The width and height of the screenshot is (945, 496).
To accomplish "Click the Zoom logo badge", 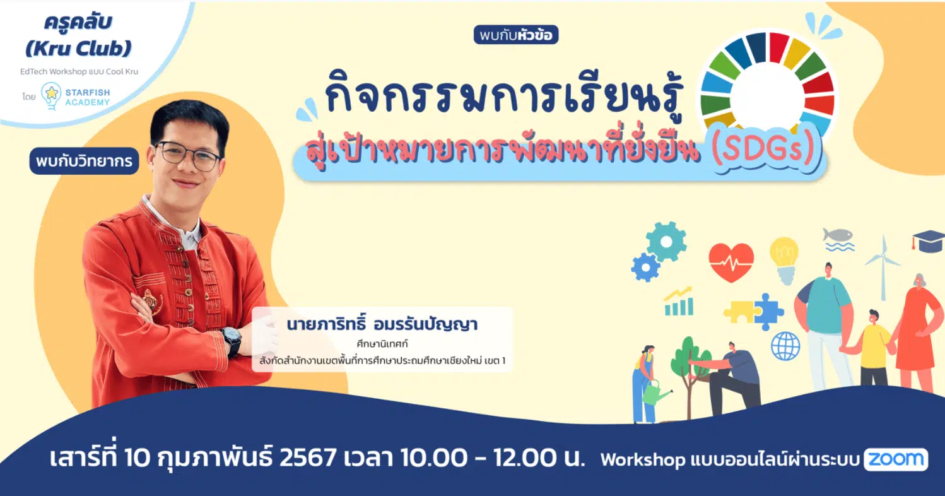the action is click(896, 459).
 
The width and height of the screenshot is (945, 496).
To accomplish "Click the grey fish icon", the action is click(838, 235).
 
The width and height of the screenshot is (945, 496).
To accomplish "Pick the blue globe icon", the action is click(785, 346).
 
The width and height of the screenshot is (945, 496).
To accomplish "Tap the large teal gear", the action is click(666, 242).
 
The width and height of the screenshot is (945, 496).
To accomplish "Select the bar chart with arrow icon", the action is click(679, 301).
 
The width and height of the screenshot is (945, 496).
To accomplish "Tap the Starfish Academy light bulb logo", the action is click(51, 95).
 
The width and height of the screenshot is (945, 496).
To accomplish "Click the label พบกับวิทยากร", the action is click(84, 161).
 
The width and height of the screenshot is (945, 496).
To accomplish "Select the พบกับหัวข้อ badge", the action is click(515, 35).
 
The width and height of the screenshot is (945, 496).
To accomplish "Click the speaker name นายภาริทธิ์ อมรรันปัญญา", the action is click(382, 324).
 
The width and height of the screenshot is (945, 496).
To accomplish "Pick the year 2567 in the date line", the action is click(308, 458).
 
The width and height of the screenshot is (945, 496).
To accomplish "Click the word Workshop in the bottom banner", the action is click(643, 459).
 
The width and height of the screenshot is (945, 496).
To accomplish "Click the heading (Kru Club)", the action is click(79, 49).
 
